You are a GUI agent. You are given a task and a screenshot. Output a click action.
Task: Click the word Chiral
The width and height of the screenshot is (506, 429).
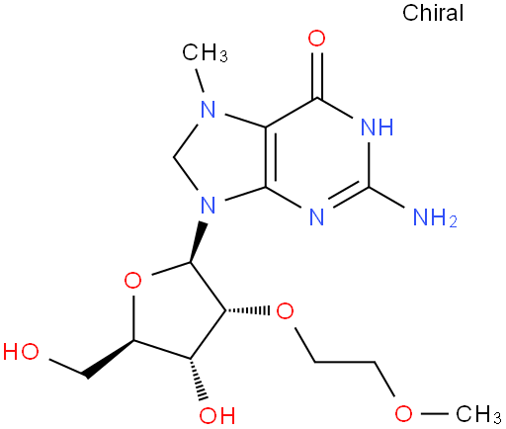coord(433,13)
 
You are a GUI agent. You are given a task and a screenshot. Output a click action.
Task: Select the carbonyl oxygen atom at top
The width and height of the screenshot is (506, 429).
coord(316,39)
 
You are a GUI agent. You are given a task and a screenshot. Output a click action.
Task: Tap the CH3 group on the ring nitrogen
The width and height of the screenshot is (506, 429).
coord(205,53)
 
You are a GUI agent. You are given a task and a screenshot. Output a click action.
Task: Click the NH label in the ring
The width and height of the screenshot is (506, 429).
coord(378,127)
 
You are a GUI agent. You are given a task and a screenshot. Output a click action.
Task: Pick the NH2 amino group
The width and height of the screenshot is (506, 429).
coord(435,216)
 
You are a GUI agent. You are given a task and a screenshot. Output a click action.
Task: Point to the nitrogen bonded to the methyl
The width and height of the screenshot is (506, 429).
coord(209,109)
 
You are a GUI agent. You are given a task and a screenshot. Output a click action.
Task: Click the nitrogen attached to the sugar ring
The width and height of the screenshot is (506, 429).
coord(209,205)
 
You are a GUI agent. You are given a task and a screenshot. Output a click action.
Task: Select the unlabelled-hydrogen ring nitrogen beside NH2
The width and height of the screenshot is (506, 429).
coord(317,216)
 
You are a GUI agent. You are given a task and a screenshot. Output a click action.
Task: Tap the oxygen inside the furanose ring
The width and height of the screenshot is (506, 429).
coord(132,281)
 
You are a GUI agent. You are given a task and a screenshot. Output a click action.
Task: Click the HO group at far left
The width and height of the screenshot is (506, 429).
coord(21,351)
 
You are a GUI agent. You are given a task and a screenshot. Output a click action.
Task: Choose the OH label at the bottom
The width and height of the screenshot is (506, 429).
coord(217,415)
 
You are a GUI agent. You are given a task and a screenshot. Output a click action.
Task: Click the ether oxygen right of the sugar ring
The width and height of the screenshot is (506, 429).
coord(285,311)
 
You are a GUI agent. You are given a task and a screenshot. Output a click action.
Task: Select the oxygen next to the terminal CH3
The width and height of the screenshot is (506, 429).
coord(403,413)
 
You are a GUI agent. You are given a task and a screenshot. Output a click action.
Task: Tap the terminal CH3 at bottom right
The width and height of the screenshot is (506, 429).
coord(478,414)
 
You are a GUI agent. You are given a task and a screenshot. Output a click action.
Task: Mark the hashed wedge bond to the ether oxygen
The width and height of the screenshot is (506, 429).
coord(248,310)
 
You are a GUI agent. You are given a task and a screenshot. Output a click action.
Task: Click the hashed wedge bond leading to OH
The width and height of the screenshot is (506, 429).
coord(197,380)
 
